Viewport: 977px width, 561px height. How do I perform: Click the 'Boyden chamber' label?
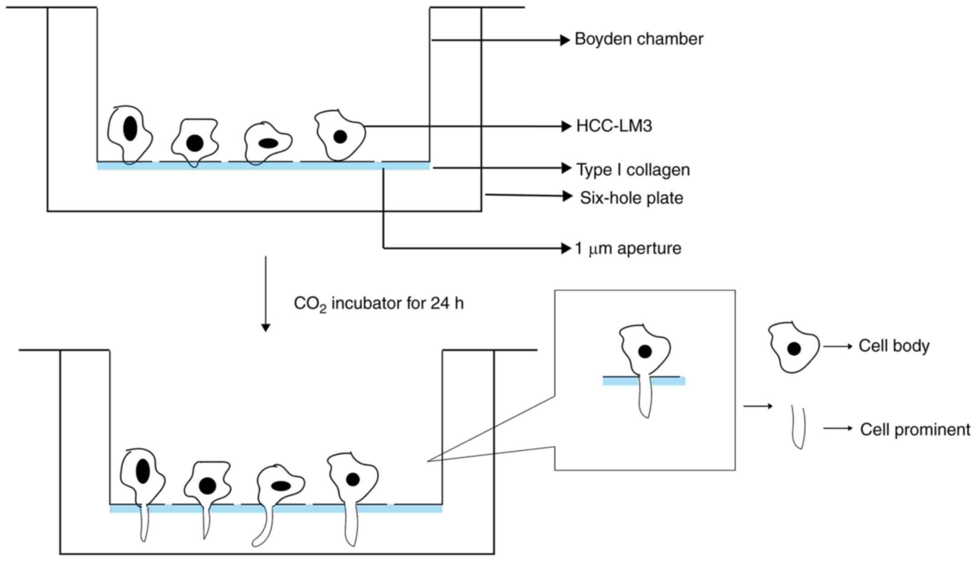638,39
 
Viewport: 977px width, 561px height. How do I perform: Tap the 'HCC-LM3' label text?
613,126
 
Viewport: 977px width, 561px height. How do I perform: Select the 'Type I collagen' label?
633,170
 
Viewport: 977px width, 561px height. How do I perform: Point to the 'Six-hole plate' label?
631,198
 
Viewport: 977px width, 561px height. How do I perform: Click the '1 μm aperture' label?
628,248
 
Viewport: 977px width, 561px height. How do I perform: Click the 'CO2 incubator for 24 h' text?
379,304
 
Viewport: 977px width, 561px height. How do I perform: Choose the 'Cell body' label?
893,346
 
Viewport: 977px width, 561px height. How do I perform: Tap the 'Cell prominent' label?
914,429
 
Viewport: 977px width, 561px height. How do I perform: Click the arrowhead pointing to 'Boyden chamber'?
565,40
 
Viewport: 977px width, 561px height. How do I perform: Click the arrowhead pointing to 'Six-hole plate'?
567,196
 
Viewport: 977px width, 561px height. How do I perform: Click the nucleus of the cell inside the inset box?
645,351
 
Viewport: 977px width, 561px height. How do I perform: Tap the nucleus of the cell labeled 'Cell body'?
794,349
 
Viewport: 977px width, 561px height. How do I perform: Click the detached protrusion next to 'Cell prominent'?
798,427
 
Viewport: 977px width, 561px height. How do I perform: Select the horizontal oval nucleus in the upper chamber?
268,143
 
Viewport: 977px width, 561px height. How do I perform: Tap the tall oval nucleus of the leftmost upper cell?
130,128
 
